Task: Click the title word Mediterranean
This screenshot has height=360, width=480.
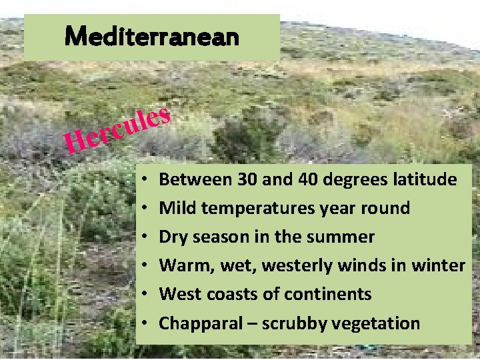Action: (152, 36)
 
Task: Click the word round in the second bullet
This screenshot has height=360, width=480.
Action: (386, 208)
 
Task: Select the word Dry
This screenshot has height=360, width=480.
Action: (174, 237)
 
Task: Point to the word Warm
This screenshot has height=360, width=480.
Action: (183, 266)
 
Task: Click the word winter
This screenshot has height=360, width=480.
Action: (439, 266)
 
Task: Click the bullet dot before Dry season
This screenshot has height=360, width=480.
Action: (145, 237)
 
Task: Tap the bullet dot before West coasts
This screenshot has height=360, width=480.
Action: (145, 295)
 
